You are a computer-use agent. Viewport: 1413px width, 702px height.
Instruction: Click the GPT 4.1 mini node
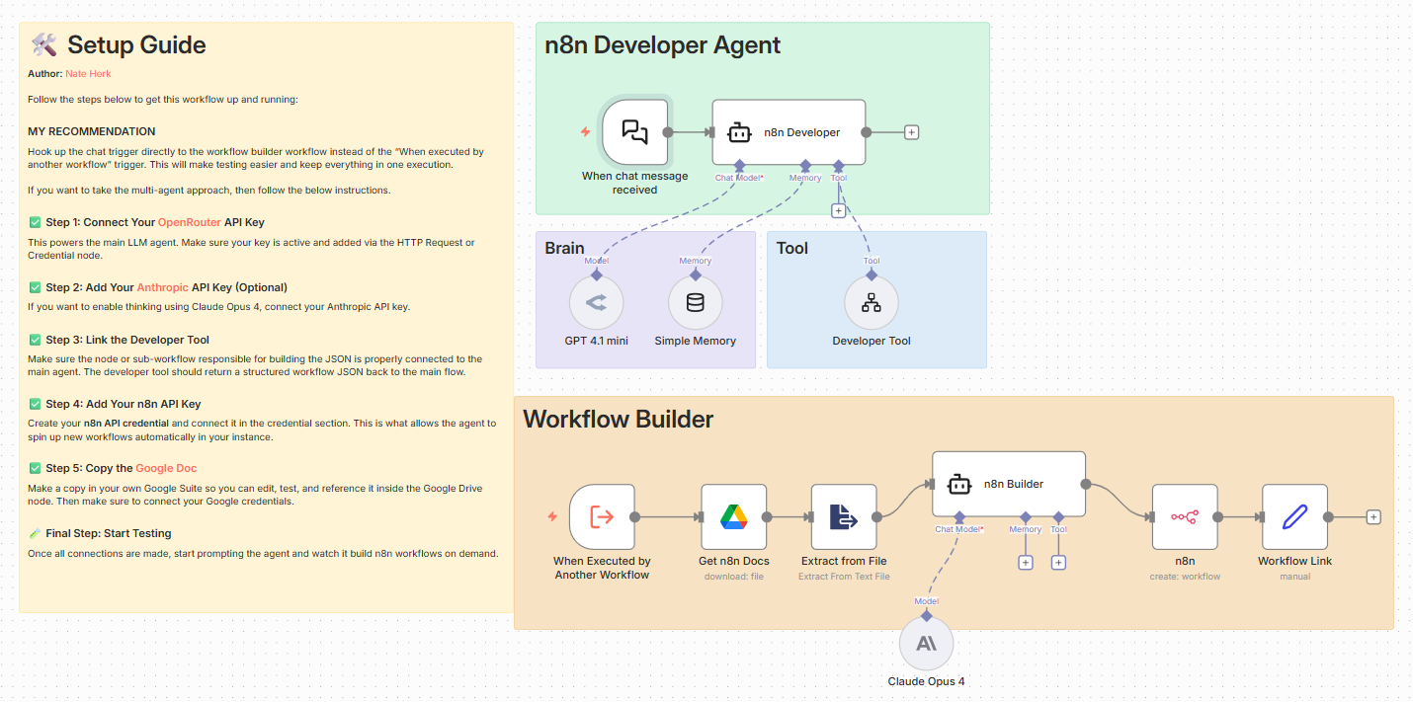(x=596, y=302)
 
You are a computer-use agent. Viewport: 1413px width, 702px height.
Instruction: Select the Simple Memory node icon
(x=695, y=302)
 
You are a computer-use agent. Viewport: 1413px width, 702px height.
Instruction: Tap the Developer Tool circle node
(x=872, y=302)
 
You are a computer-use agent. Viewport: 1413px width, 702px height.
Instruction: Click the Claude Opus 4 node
(x=926, y=644)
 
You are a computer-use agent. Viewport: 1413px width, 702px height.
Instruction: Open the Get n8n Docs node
(x=733, y=516)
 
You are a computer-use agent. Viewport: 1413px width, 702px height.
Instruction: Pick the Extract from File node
(x=844, y=516)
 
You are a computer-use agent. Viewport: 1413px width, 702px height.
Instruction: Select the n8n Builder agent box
(x=1008, y=484)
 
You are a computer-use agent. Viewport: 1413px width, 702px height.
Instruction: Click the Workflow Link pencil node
(x=1294, y=516)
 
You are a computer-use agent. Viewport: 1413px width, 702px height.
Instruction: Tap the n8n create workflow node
(x=1184, y=516)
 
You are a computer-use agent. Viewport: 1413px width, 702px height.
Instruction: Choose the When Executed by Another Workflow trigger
(x=602, y=516)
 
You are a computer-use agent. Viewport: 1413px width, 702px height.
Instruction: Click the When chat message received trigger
(x=634, y=131)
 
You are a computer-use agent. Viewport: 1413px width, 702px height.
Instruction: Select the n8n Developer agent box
(x=789, y=131)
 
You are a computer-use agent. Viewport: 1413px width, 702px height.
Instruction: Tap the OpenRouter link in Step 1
(x=190, y=222)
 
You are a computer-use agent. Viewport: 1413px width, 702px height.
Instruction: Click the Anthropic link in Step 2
(x=162, y=287)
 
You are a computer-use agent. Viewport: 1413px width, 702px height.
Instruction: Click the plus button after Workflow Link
(x=1372, y=516)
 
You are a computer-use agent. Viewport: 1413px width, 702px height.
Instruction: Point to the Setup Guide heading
(x=136, y=44)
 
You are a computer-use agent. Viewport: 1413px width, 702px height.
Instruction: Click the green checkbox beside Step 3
(x=35, y=340)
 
